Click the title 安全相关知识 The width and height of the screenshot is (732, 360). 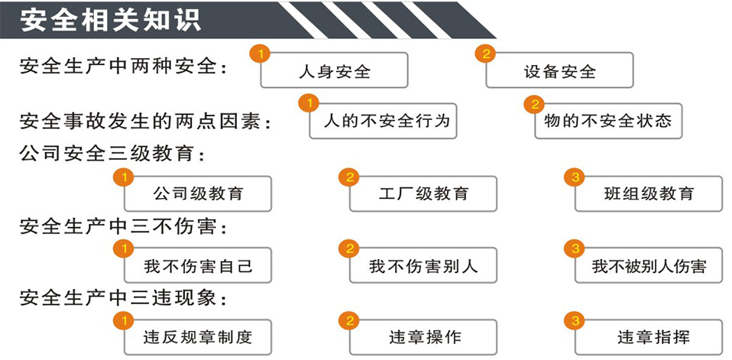[x=111, y=20]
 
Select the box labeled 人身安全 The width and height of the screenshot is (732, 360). [x=334, y=70]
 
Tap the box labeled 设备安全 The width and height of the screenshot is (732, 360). [x=559, y=70]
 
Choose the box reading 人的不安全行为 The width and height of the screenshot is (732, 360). [x=383, y=121]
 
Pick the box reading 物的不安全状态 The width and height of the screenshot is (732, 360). [x=608, y=121]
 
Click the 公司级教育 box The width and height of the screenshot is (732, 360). [x=197, y=193]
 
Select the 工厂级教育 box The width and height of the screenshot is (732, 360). [x=423, y=193]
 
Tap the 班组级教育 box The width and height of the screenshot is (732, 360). [x=649, y=193]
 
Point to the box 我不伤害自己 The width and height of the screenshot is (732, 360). [x=197, y=265]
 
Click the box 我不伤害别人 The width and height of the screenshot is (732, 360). [x=423, y=265]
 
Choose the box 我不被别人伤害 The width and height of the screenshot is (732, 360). [x=649, y=265]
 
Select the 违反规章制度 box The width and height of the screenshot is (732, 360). [x=197, y=337]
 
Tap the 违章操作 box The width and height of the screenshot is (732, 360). [x=423, y=337]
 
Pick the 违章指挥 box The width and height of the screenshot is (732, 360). [x=649, y=337]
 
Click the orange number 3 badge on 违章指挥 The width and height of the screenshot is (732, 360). [x=575, y=321]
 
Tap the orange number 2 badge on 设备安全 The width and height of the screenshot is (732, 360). [x=485, y=54]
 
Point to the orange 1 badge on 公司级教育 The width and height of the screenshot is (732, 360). [x=124, y=177]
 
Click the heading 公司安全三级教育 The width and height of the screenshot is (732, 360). [x=112, y=153]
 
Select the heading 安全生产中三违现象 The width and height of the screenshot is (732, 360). [x=123, y=297]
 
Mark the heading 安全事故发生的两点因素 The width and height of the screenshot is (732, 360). [x=145, y=121]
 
